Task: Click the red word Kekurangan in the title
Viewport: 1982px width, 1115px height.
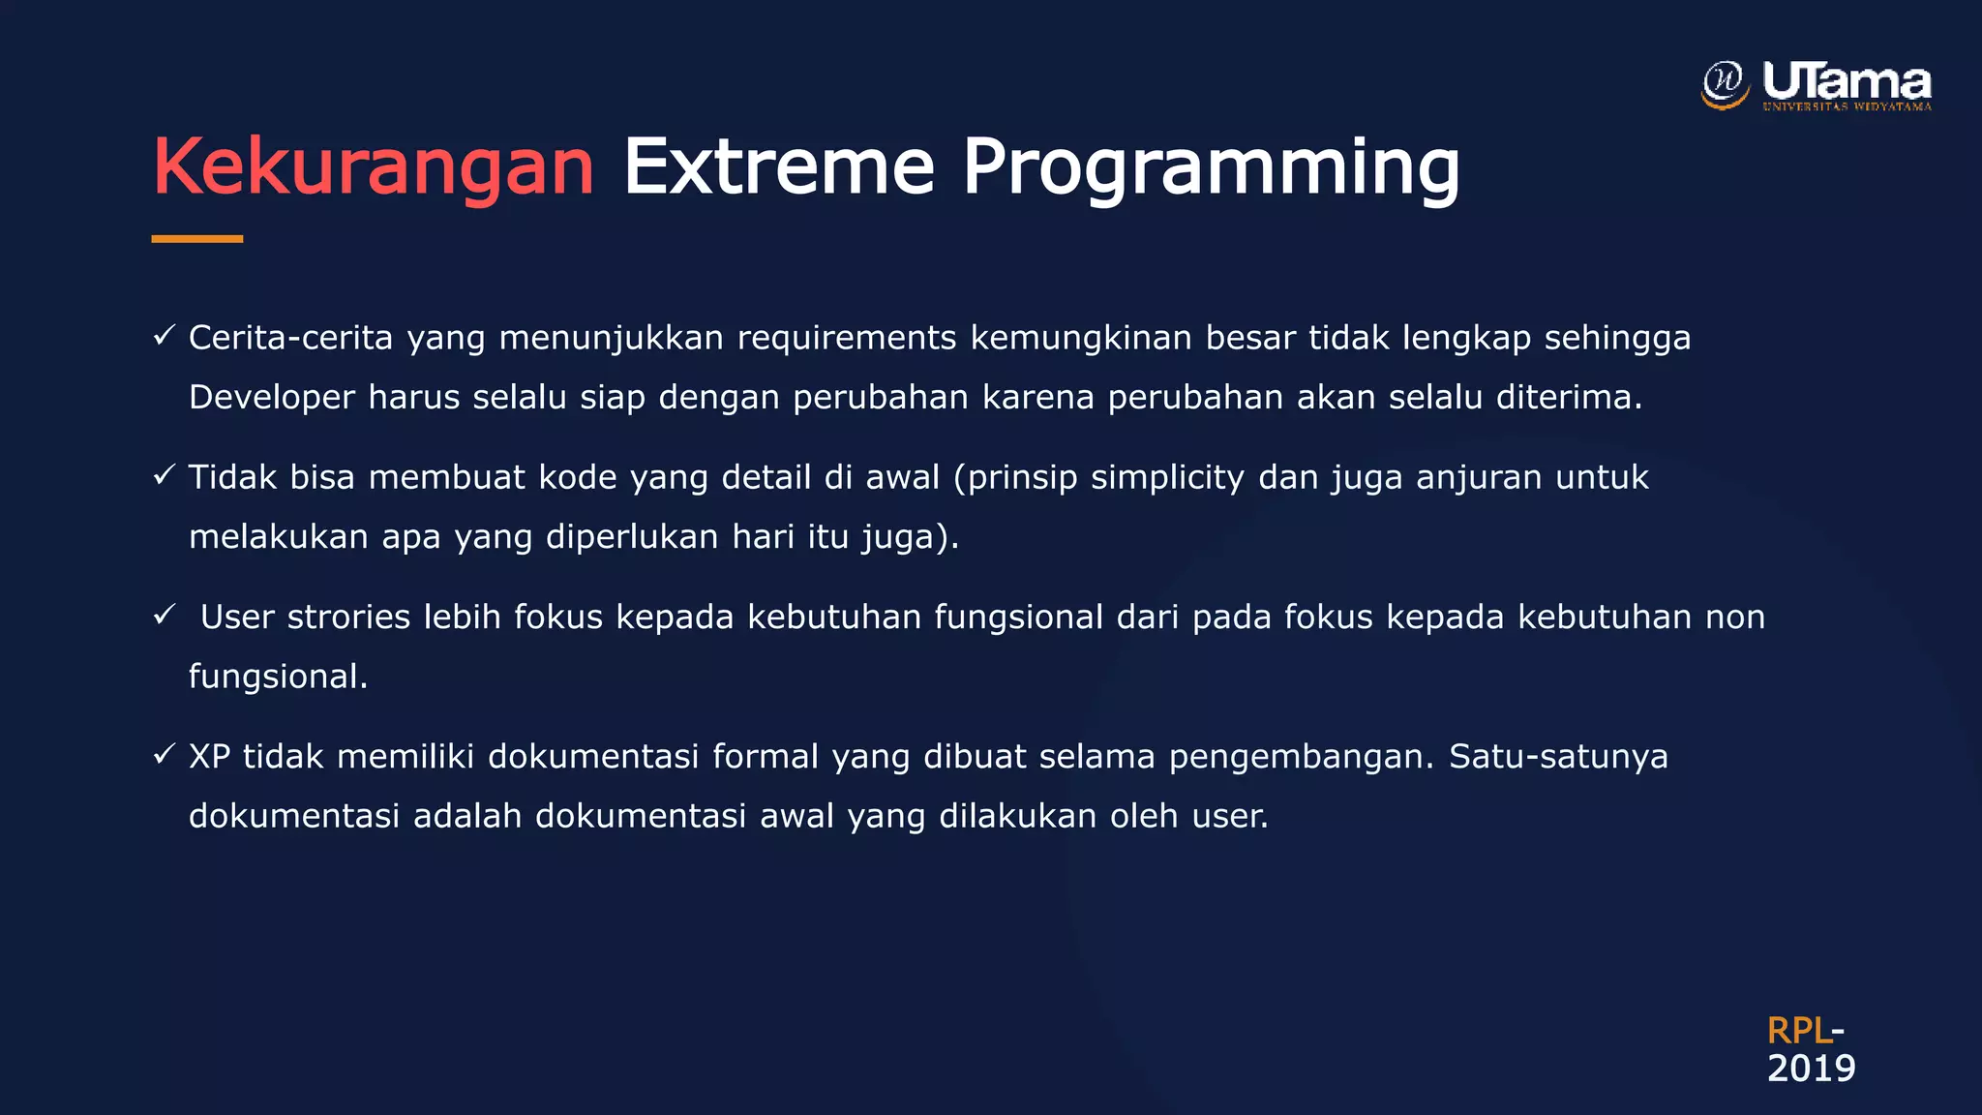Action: tap(374, 166)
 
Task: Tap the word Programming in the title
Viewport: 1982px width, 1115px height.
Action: tap(1210, 166)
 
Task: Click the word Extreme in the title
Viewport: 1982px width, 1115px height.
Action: tap(778, 166)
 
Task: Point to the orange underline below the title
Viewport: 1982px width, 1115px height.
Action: tap(197, 238)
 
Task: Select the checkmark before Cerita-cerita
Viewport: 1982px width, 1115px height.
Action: tap(164, 336)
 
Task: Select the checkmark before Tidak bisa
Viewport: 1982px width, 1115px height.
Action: tap(164, 475)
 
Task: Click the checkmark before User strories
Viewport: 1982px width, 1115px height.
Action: tap(164, 615)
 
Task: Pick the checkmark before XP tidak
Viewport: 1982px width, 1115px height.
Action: tap(164, 754)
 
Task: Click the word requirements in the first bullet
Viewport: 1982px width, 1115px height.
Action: tap(847, 338)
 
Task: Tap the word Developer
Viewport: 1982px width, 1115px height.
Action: tap(272, 398)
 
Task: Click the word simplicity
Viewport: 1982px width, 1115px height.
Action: tap(1167, 478)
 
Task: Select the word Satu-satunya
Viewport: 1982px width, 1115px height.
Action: tap(1558, 756)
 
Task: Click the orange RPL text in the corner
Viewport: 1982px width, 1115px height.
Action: tap(1798, 1031)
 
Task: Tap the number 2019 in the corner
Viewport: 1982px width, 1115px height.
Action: tap(1811, 1069)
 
